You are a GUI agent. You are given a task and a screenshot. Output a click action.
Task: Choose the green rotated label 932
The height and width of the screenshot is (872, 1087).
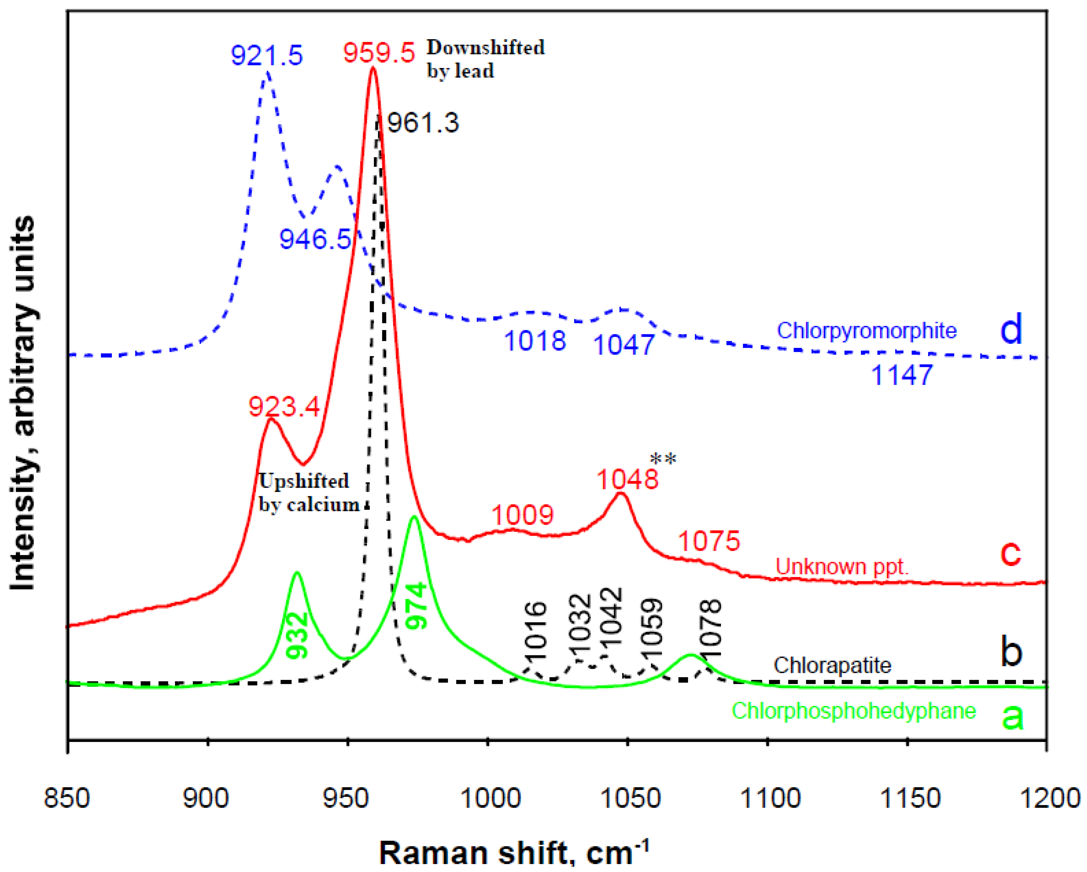pyautogui.click(x=297, y=635)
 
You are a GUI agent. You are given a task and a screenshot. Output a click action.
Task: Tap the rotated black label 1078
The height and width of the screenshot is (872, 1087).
pyautogui.click(x=711, y=628)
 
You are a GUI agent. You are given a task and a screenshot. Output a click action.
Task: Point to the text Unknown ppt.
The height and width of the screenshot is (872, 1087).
pyautogui.click(x=842, y=567)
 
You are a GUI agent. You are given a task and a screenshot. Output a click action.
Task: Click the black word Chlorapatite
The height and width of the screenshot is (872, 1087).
pyautogui.click(x=832, y=666)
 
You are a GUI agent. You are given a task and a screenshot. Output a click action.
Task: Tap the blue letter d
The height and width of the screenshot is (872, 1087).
pyautogui.click(x=1010, y=328)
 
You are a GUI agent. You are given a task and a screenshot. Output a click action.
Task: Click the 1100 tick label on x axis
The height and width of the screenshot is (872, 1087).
pyautogui.click(x=769, y=799)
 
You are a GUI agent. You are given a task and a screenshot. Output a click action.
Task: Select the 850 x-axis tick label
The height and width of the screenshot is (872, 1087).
pyautogui.click(x=67, y=799)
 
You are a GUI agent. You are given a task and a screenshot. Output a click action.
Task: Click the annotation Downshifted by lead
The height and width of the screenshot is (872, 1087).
pyautogui.click(x=485, y=59)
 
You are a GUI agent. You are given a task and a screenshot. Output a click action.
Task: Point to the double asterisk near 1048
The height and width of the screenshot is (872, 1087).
pyautogui.click(x=663, y=459)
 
